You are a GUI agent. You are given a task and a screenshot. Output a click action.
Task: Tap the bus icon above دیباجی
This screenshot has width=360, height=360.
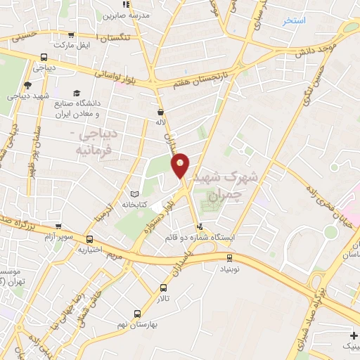pos(44,57)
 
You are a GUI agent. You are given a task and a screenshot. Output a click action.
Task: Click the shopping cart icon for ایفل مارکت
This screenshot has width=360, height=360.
pos(71,34)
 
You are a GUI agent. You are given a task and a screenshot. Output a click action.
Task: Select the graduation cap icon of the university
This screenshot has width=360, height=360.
pos(76,93)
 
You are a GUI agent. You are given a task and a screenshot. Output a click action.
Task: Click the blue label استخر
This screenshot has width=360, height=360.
pos(294,21)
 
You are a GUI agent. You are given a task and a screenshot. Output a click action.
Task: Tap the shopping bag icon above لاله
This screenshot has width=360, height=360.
pos(161,111)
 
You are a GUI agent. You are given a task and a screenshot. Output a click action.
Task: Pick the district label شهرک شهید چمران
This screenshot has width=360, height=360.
pos(226,181)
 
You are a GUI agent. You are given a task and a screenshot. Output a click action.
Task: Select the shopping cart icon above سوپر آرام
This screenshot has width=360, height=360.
pos(59,226)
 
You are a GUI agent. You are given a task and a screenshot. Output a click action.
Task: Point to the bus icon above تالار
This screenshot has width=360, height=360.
pos(163,287)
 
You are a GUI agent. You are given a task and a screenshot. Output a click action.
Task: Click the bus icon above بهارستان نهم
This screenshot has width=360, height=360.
pos(137,314)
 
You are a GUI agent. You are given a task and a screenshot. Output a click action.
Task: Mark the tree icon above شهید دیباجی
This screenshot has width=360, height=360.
pos(27,85)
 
